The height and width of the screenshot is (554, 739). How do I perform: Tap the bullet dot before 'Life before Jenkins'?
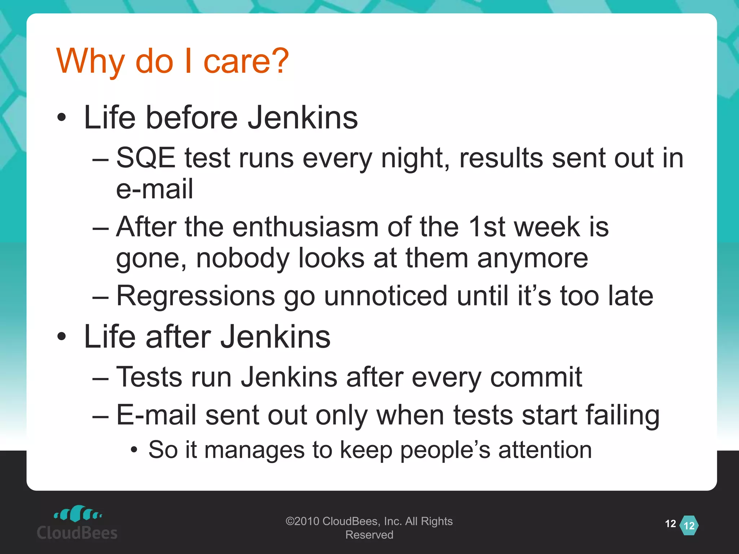(x=62, y=117)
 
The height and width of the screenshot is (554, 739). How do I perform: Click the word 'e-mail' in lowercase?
(x=154, y=189)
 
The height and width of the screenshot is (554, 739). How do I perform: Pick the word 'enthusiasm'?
(x=305, y=227)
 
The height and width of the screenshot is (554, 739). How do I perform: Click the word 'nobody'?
(x=242, y=258)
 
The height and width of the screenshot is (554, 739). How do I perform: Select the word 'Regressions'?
(x=196, y=296)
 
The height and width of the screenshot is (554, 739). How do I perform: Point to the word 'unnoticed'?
(x=386, y=296)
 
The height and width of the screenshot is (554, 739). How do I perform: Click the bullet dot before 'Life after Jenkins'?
(x=62, y=336)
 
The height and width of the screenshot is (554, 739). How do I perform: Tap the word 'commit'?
(x=536, y=377)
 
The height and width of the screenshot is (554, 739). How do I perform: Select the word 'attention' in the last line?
(x=545, y=450)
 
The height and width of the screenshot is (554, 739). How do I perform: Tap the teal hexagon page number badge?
(x=689, y=526)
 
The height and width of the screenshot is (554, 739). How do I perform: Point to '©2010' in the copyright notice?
(x=302, y=521)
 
